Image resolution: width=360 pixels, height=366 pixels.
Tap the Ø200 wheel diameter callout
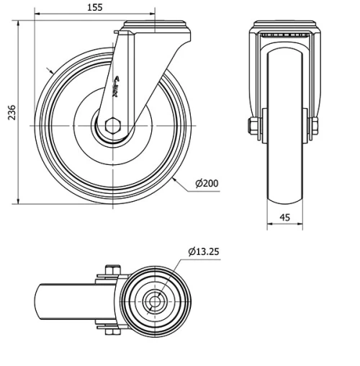coord(207,183)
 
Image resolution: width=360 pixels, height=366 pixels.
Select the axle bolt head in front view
coord(253,128)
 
